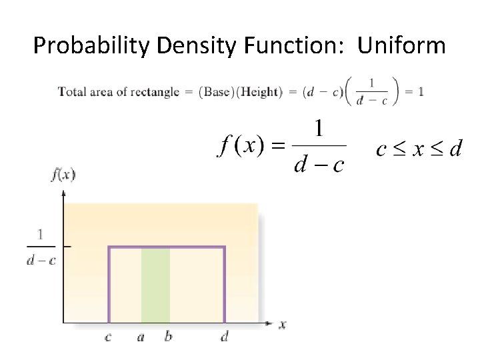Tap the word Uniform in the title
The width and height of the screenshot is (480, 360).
401,46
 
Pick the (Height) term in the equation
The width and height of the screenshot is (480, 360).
261,92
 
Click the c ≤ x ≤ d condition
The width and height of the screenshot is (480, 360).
419,149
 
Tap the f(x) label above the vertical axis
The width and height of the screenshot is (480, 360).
63,175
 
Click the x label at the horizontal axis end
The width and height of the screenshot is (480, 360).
283,325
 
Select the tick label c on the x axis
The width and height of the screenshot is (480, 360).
108,337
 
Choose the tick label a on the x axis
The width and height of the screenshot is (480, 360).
141,337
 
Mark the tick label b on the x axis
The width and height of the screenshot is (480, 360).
168,337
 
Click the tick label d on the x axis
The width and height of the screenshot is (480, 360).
224,337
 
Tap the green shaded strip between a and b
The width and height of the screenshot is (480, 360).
155,285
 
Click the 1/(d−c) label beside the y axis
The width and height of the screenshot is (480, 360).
41,247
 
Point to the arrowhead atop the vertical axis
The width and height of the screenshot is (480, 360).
63,193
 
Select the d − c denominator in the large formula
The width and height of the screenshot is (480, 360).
319,164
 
